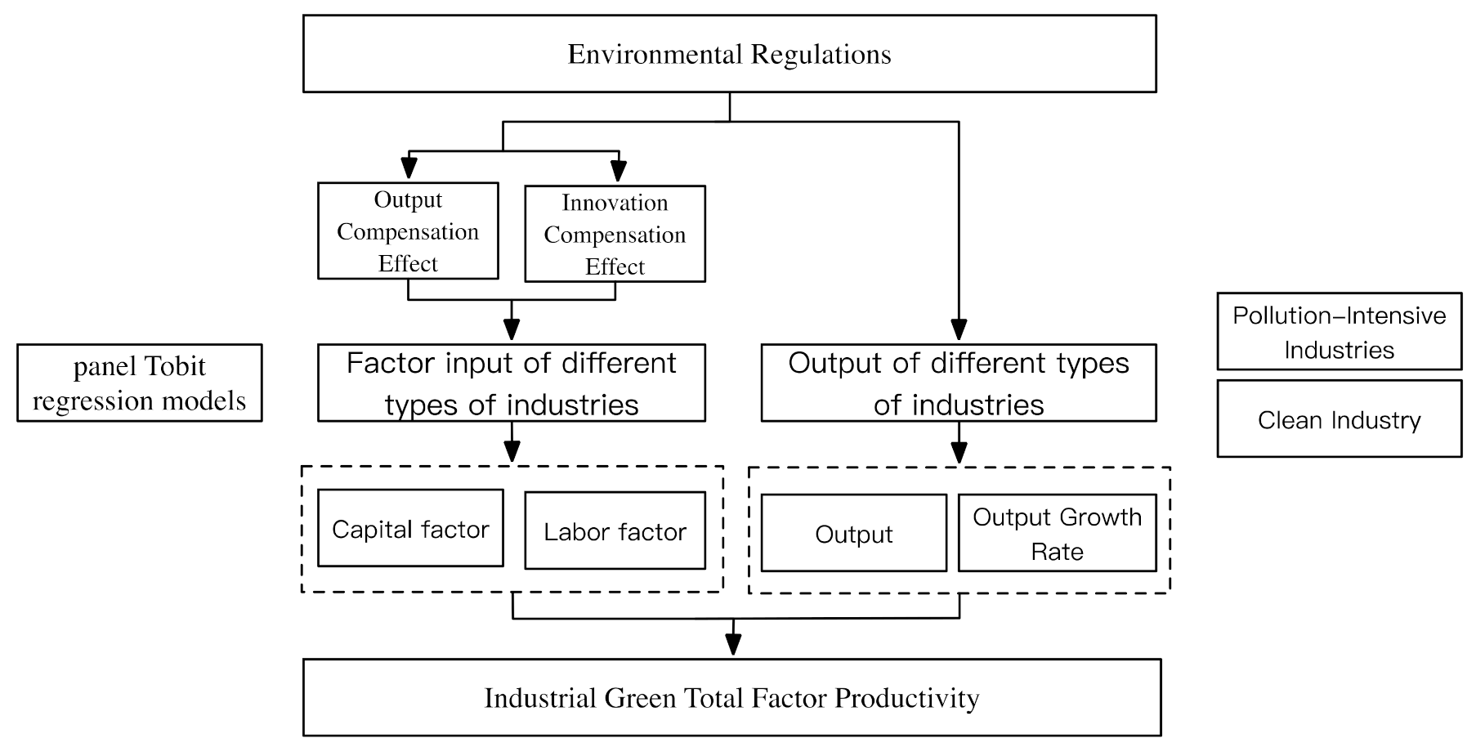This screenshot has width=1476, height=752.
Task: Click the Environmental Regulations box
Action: click(729, 54)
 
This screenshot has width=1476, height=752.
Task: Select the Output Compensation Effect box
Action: click(408, 231)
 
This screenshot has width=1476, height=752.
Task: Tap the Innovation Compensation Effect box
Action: click(615, 235)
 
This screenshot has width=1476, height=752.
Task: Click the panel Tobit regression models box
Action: click(139, 383)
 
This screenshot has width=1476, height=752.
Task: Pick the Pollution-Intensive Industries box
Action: click(1339, 332)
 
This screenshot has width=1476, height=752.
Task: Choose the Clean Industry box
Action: click(1339, 419)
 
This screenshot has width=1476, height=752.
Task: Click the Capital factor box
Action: click(410, 529)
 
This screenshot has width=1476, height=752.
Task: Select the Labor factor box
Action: click(615, 531)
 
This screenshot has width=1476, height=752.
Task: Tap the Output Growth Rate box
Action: click(1057, 533)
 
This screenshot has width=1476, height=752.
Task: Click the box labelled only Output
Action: click(853, 534)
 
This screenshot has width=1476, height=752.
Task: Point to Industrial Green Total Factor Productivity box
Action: click(731, 698)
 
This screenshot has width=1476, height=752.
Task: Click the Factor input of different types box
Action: click(511, 383)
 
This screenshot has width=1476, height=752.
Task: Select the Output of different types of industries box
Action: click(958, 383)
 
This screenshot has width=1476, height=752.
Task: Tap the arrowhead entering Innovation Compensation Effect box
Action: click(619, 171)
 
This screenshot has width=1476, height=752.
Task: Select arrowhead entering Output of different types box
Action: click(959, 330)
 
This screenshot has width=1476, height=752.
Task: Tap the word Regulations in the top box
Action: click(821, 54)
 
